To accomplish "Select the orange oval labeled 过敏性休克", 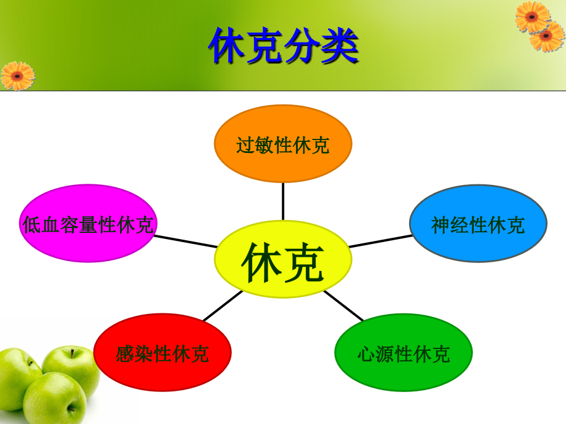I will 283,144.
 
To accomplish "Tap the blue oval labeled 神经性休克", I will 478,224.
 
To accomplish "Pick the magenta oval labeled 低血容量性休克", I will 88,224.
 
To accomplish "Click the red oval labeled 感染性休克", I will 162,353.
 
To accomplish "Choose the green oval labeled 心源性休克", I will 404,353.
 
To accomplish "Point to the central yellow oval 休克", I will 283,261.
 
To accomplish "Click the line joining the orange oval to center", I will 283,201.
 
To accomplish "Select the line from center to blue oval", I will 380,241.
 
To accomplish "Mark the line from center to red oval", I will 223,306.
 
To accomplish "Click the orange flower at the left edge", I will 17,76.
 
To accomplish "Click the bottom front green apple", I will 54,398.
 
